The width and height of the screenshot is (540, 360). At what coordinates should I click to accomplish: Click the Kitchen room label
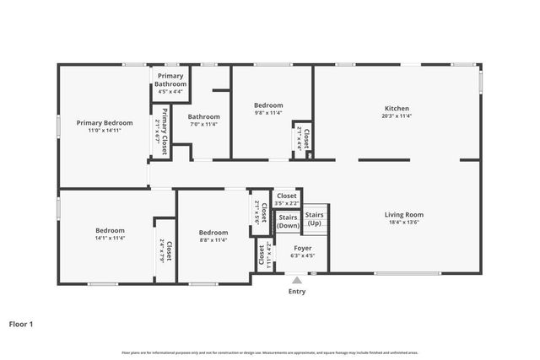click(x=397, y=109)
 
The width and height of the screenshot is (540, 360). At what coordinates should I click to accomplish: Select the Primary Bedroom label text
click(x=105, y=122)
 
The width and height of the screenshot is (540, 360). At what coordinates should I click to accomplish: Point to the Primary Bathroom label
click(x=170, y=80)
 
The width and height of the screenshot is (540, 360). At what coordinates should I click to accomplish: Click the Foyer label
click(x=302, y=249)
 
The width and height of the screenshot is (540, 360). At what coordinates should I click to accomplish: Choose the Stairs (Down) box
click(x=288, y=222)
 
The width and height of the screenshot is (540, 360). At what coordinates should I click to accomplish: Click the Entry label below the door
click(x=297, y=292)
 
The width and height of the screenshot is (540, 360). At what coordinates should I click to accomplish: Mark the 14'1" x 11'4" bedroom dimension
click(x=110, y=239)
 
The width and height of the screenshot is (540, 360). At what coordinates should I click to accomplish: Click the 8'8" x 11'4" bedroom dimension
click(x=213, y=240)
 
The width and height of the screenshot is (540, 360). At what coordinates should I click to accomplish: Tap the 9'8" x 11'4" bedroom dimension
click(x=268, y=112)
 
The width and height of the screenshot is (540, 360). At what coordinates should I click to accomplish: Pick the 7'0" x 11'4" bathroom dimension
click(x=203, y=124)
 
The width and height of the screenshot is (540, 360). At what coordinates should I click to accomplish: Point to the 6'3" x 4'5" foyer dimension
click(x=302, y=256)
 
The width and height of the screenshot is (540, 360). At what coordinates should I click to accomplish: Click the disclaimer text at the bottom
click(x=269, y=352)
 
